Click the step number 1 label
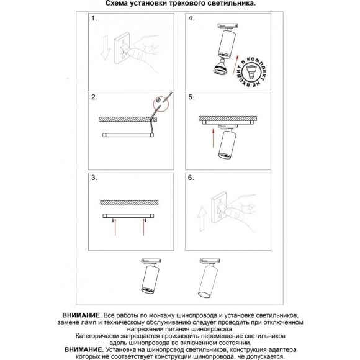[94, 19]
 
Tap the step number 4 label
[191, 19]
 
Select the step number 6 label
[191, 178]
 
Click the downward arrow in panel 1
[106, 48]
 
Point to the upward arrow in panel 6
[202, 218]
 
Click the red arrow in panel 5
[214, 138]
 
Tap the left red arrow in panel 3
[115, 227]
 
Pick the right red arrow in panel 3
[144, 227]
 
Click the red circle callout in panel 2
[161, 104]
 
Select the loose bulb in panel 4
[220, 67]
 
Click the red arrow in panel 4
[236, 65]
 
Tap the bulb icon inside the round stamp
[251, 72]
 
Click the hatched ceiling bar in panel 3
[129, 203]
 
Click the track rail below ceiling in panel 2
[128, 135]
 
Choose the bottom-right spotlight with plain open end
[209, 279]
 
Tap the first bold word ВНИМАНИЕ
[82, 315]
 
